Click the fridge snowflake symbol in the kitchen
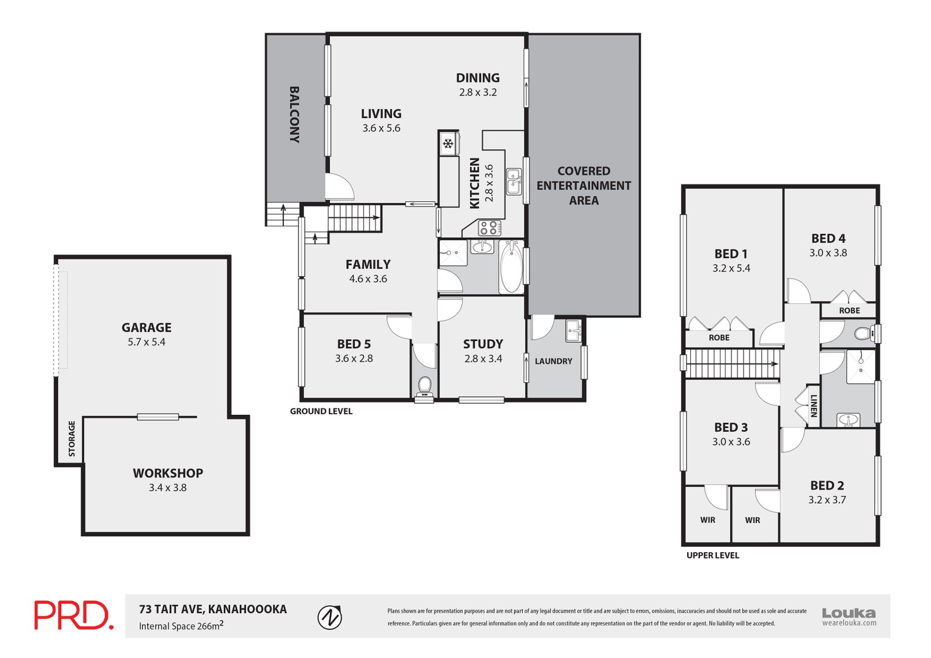(447, 144)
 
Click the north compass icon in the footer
(330, 617)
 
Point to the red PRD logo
(73, 616)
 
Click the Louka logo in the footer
(848, 616)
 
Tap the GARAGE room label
(147, 328)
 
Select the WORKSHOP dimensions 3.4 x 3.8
(168, 488)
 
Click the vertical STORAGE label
(72, 439)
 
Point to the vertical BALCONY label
(294, 115)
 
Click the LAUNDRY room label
(553, 361)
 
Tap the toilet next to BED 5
(425, 386)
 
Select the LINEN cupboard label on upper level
(813, 406)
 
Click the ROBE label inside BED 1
(719, 337)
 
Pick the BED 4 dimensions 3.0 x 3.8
(828, 253)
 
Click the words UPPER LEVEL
(713, 556)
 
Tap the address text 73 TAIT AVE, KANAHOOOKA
(213, 609)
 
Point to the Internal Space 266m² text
(181, 626)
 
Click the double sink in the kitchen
(513, 181)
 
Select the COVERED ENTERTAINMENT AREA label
(584, 186)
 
